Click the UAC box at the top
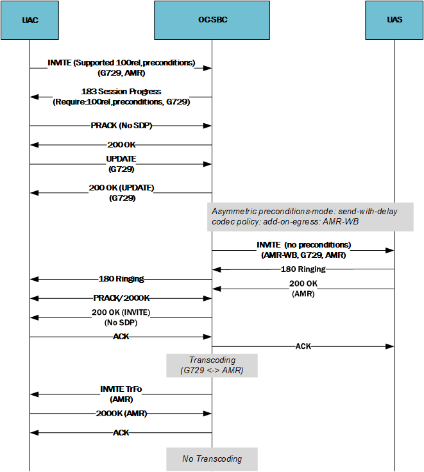(x=30, y=20)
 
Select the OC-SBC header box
(x=212, y=20)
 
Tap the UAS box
(x=394, y=20)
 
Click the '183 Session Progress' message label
(x=121, y=92)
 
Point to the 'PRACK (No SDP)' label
(x=121, y=126)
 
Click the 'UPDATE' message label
(x=121, y=158)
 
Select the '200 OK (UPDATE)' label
(x=121, y=188)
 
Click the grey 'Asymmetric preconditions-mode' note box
(x=311, y=216)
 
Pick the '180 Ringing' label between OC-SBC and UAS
(x=303, y=269)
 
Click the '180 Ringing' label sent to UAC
(x=121, y=279)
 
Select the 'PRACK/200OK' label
(x=121, y=298)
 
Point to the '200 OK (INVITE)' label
(x=121, y=312)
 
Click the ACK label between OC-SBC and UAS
(x=303, y=346)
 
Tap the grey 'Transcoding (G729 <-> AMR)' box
(x=212, y=366)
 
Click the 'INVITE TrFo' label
(x=121, y=389)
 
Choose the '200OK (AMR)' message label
(x=121, y=414)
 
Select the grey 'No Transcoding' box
(x=212, y=459)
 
